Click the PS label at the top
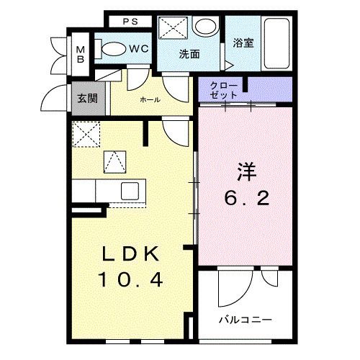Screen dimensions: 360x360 (131, 21)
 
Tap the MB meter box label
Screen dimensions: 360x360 (81, 55)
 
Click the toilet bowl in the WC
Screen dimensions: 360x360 (112, 50)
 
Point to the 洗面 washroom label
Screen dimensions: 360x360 (189, 54)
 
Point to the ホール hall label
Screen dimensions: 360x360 (149, 99)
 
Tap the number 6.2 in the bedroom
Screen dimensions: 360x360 (246, 198)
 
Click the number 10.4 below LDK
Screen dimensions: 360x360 (133, 279)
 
